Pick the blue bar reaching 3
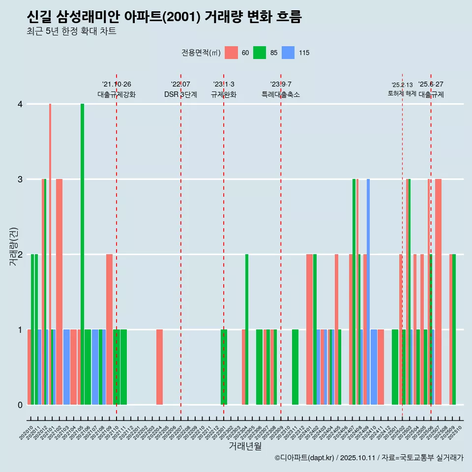point(368,290)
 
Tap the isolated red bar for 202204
point(159,367)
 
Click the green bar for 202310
point(295,367)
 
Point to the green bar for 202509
point(454,329)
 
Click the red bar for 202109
point(109,329)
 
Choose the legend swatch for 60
point(231,53)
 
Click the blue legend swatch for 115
point(288,53)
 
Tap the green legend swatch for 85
point(260,53)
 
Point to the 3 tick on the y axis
point(20,179)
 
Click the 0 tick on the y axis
point(20,405)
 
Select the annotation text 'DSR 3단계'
point(180,94)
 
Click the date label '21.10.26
point(117,85)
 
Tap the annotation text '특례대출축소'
point(280,94)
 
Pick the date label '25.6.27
point(431,85)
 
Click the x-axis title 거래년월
point(245,446)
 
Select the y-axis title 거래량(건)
point(14,246)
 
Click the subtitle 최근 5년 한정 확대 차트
point(71,31)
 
